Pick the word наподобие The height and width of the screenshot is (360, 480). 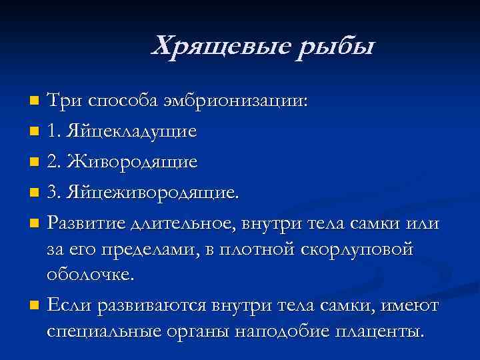275,331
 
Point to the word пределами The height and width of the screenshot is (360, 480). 140,250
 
